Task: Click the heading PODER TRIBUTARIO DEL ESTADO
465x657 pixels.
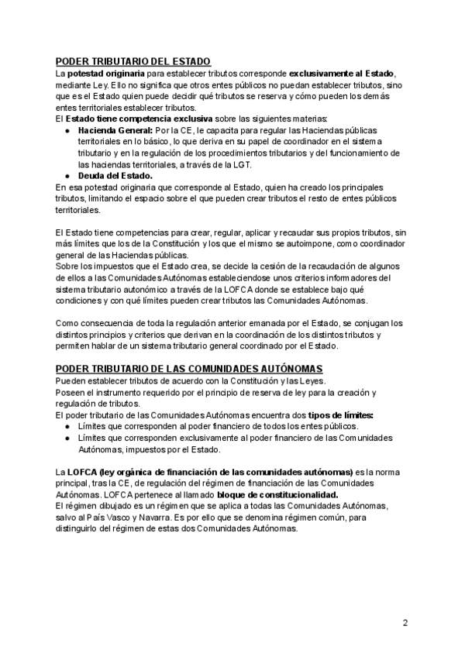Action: (x=133, y=61)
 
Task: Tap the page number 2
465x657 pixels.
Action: (x=405, y=622)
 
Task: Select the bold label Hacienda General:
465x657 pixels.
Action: (x=115, y=131)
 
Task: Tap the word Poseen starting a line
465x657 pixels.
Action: (x=71, y=392)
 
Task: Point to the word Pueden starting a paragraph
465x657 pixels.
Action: (x=71, y=380)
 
